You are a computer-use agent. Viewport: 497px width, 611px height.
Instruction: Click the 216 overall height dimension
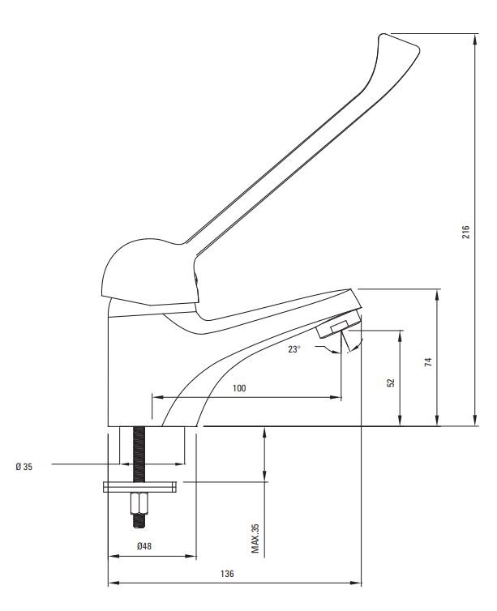click(x=466, y=232)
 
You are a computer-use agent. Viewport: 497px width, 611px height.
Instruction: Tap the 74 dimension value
click(x=428, y=361)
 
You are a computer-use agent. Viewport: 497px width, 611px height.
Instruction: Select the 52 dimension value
click(x=392, y=382)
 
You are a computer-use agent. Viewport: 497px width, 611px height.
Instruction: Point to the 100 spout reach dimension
click(x=239, y=388)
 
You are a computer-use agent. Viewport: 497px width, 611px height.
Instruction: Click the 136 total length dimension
click(x=227, y=574)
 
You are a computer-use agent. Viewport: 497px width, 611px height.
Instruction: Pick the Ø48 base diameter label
click(x=144, y=546)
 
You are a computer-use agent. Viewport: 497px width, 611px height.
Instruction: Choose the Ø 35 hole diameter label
click(x=24, y=467)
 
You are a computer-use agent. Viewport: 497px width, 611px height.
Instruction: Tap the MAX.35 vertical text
click(x=255, y=539)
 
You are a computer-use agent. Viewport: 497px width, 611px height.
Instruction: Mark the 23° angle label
click(x=294, y=349)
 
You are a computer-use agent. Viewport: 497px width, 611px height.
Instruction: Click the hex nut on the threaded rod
click(x=139, y=504)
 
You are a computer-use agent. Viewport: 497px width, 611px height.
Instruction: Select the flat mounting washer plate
click(x=139, y=487)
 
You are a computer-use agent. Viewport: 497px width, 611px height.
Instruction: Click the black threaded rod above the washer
click(x=139, y=454)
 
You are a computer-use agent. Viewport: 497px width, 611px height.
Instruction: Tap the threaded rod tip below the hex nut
click(x=139, y=521)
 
